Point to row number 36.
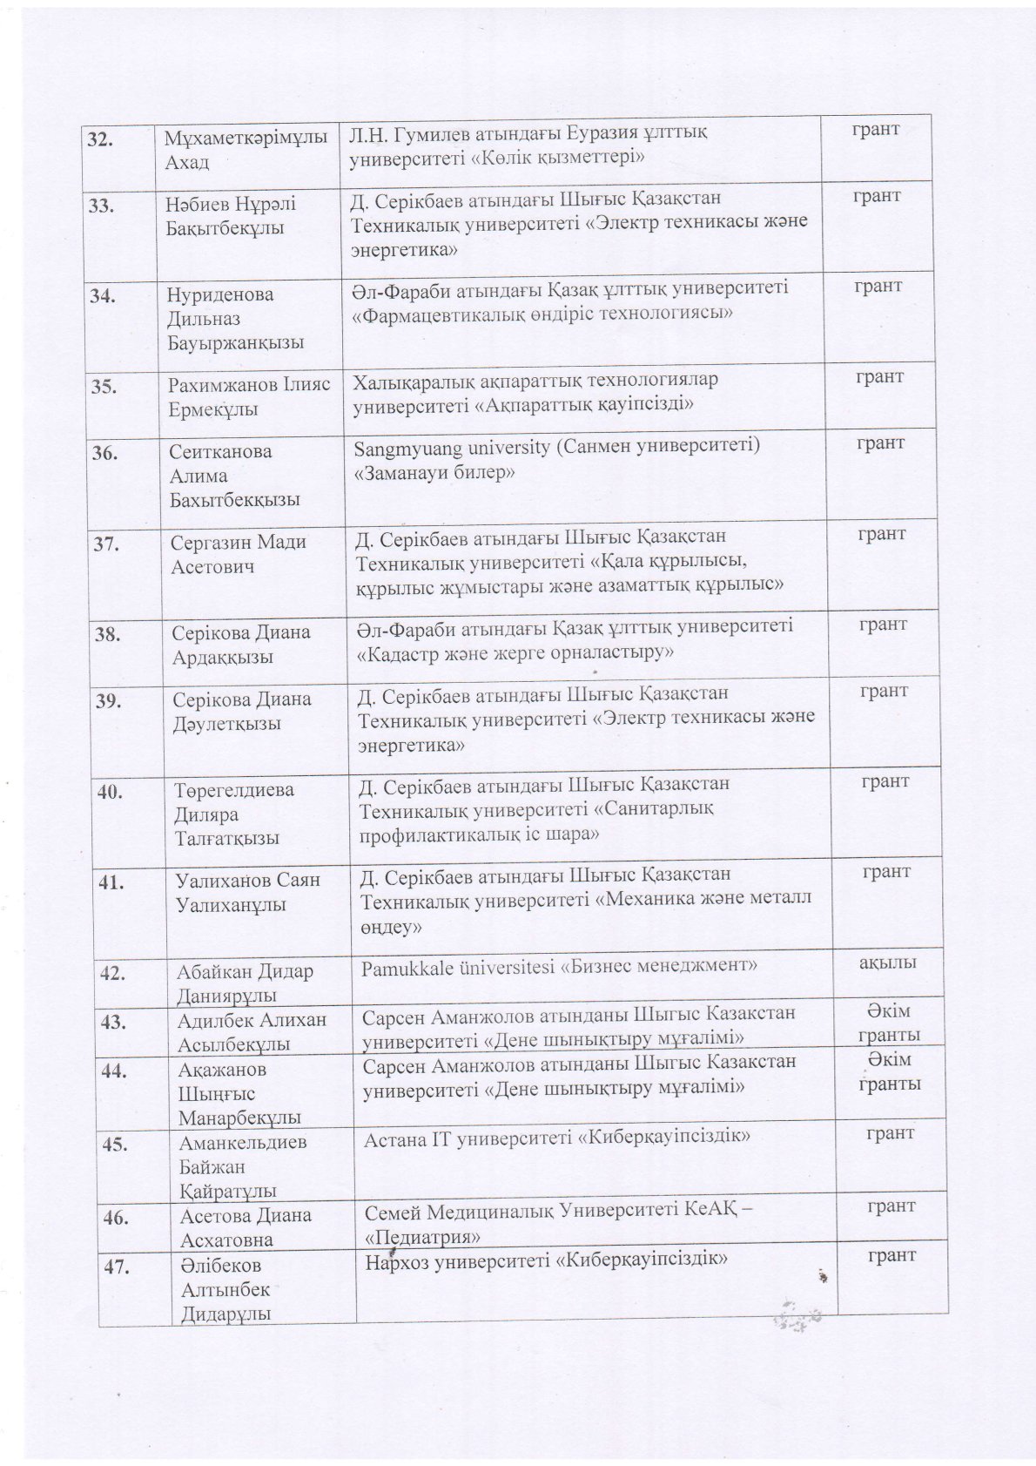pos(105,453)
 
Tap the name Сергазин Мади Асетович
pos(239,554)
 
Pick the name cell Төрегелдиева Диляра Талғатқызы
pos(233,814)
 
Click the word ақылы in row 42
pos(887,963)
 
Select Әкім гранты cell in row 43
pos(889,1023)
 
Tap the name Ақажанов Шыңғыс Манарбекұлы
pos(239,1093)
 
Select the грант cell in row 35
pos(878,376)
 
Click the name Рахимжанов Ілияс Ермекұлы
pos(248,396)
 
